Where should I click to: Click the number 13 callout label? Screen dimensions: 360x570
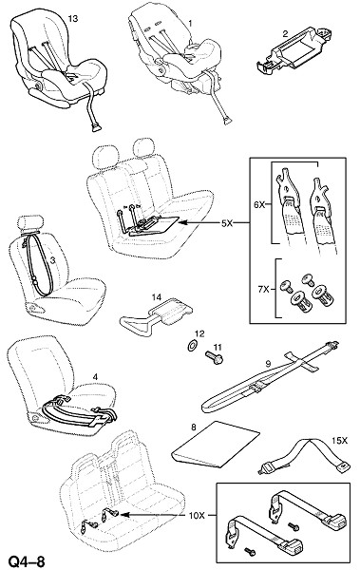click(x=73, y=19)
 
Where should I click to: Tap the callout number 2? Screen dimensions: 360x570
click(x=285, y=34)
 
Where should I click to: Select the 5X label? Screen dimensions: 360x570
click(x=227, y=223)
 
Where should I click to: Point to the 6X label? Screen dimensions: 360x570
click(x=259, y=205)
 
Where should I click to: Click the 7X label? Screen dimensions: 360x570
click(x=263, y=290)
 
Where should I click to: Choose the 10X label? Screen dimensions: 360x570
click(x=198, y=515)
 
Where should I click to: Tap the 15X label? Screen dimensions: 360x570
click(x=340, y=441)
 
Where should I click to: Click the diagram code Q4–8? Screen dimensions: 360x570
click(x=27, y=561)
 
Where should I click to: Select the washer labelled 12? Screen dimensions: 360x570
click(x=192, y=346)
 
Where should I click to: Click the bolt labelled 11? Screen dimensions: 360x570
click(x=214, y=357)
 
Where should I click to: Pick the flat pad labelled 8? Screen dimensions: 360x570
click(x=216, y=445)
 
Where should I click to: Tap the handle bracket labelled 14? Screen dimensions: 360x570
click(x=157, y=318)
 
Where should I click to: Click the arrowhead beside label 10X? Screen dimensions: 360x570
click(x=123, y=515)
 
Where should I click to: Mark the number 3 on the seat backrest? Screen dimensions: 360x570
click(x=52, y=260)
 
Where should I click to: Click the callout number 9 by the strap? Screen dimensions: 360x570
click(x=268, y=363)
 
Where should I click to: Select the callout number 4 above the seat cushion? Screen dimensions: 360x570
click(x=95, y=377)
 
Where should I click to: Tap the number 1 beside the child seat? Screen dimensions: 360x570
click(x=190, y=23)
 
